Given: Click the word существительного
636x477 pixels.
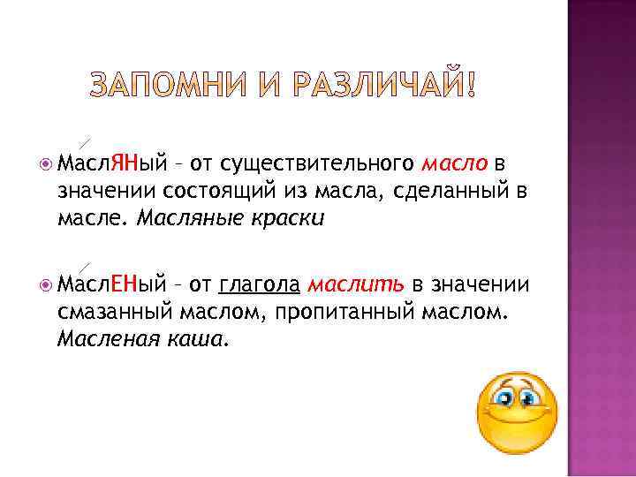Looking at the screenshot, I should (315, 163).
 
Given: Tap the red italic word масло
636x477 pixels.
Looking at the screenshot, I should (455, 163).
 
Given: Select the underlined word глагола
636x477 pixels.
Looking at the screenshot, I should (261, 284).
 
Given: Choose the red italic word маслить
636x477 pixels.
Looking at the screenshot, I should (357, 284).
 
